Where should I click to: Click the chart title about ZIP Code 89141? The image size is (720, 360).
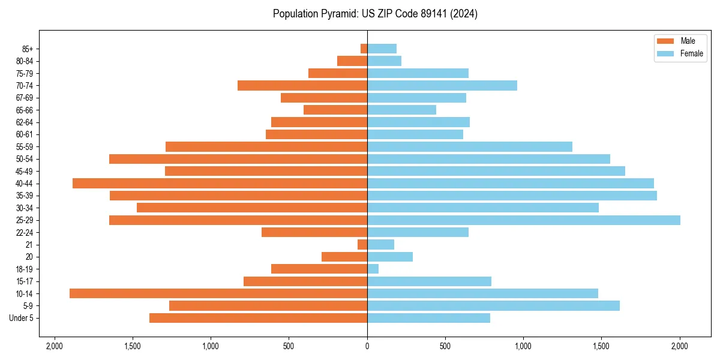click(375, 14)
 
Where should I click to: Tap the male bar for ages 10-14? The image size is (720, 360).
click(218, 293)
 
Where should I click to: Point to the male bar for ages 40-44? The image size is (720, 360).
click(220, 183)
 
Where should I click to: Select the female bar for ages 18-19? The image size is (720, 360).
click(373, 269)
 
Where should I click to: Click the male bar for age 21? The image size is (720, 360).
click(362, 244)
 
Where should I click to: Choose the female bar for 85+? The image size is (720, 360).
click(382, 49)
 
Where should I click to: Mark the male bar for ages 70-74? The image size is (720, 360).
click(302, 85)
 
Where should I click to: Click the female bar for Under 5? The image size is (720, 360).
click(428, 318)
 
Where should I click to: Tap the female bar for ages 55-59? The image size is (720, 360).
click(470, 146)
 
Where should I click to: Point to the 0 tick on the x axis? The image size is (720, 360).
click(367, 346)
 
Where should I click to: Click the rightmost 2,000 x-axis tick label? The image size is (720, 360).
click(680, 346)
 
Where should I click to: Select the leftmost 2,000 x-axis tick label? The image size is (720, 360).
click(55, 346)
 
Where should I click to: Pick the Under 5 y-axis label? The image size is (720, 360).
click(22, 318)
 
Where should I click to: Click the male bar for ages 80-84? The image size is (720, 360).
click(352, 61)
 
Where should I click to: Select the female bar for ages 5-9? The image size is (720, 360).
click(493, 305)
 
